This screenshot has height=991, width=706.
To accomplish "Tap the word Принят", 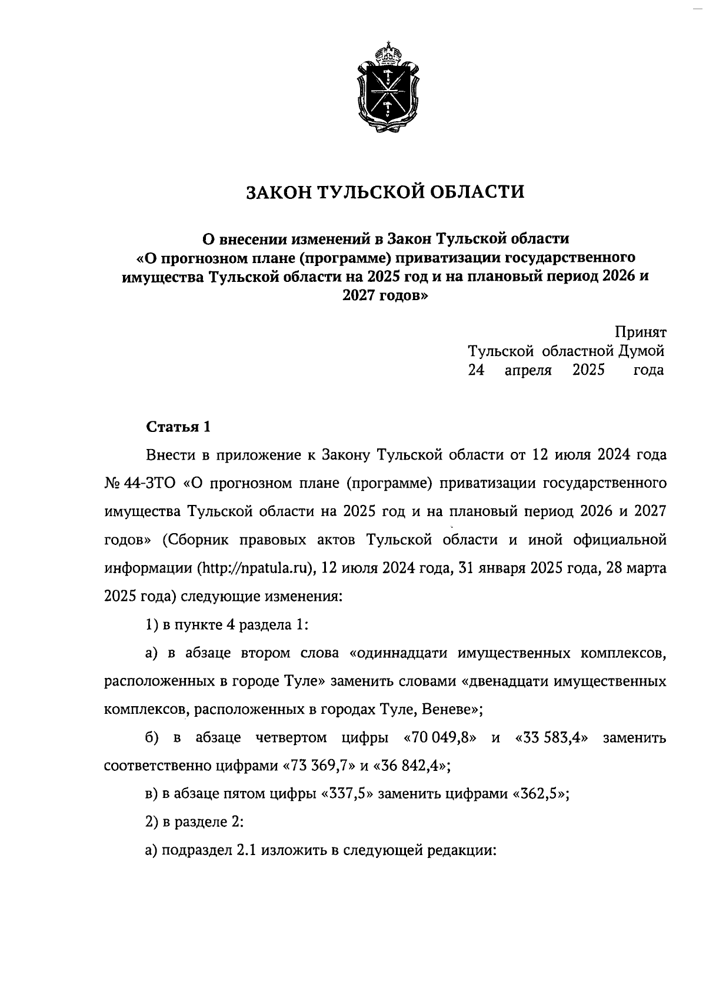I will (x=641, y=332).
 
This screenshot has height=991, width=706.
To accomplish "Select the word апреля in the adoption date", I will (x=528, y=370).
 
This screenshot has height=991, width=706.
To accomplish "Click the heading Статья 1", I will (x=178, y=427).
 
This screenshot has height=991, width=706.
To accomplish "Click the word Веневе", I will (x=449, y=710).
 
